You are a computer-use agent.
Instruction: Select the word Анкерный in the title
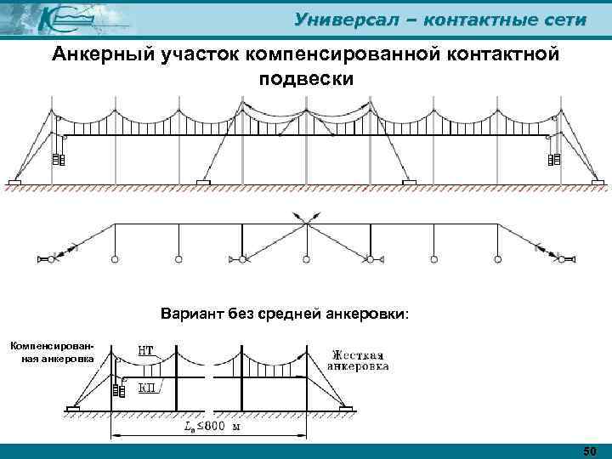click(x=101, y=55)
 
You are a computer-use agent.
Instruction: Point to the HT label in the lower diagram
click(x=147, y=349)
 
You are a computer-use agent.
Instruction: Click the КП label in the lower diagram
click(x=147, y=388)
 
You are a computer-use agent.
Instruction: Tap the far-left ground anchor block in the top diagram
click(x=15, y=181)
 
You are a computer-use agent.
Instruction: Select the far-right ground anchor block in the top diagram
click(x=598, y=181)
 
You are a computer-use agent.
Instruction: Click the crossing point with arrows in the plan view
click(x=305, y=224)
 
